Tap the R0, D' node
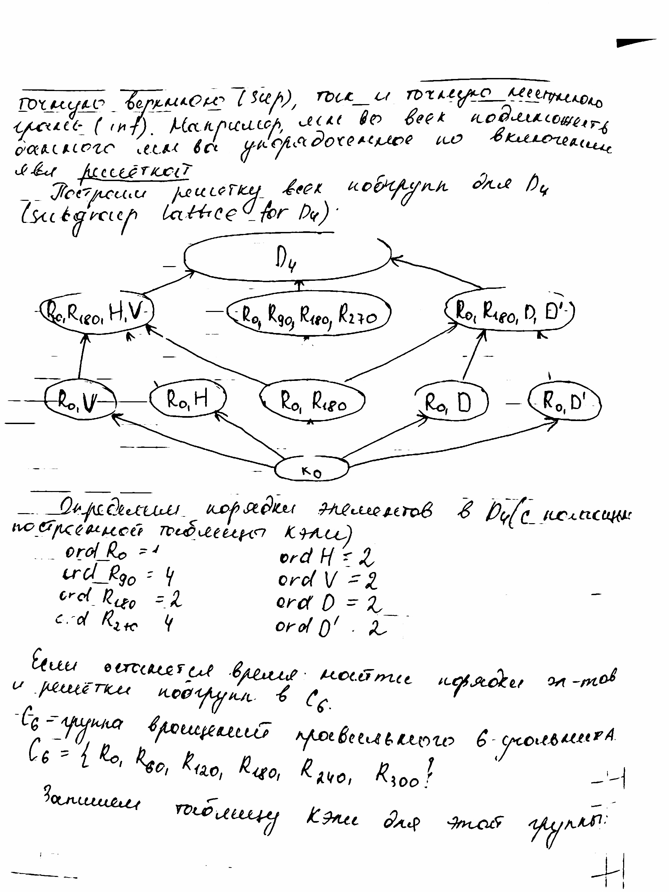tap(565, 401)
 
